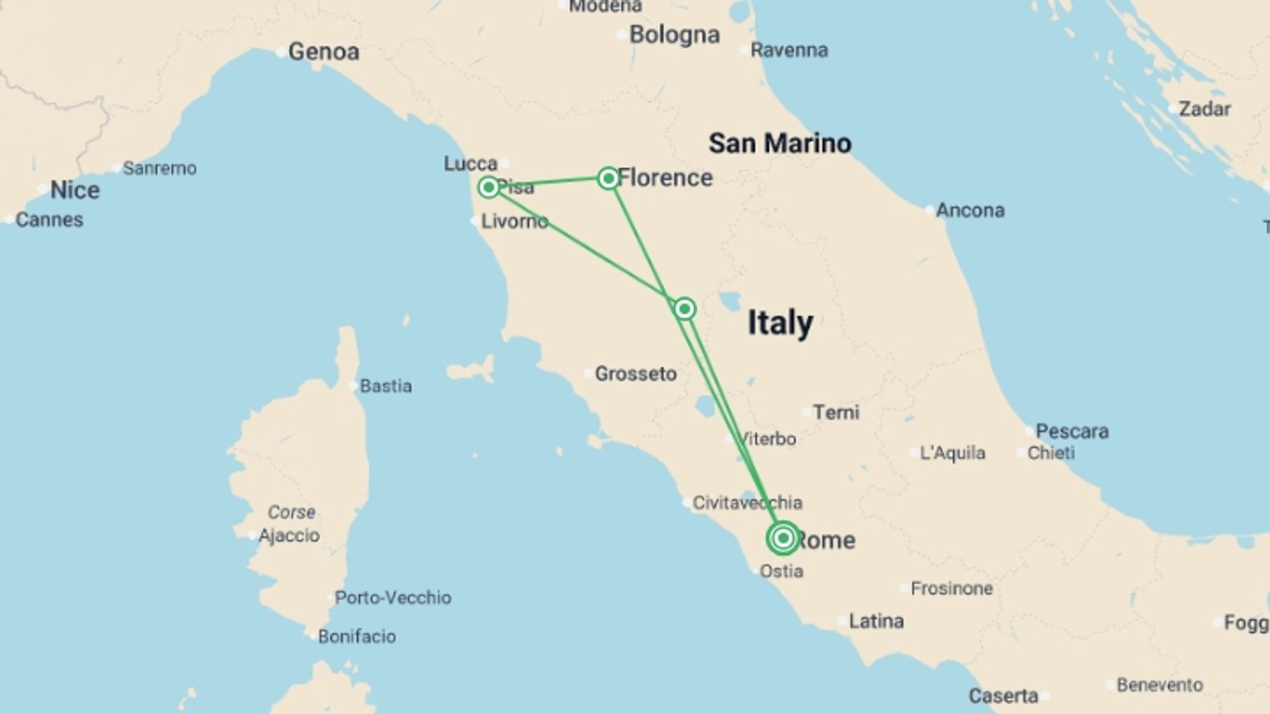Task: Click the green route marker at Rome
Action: (783, 538)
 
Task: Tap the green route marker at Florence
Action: (608, 178)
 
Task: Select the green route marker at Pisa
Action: (489, 188)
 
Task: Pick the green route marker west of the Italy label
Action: (685, 309)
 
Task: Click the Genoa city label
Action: (323, 52)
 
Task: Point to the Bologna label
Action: (674, 34)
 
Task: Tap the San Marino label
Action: (780, 143)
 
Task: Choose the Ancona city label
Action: (970, 210)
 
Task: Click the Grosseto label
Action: (636, 374)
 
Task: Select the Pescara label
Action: (1072, 431)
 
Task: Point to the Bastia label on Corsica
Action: (385, 385)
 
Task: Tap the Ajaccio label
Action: (289, 535)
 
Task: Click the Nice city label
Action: (75, 190)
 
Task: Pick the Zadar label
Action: (1205, 109)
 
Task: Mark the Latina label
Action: (876, 621)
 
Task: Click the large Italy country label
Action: (780, 323)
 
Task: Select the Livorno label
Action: (514, 221)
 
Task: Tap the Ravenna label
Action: (788, 50)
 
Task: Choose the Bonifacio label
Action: (357, 636)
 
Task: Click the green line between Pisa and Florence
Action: (549, 182)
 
